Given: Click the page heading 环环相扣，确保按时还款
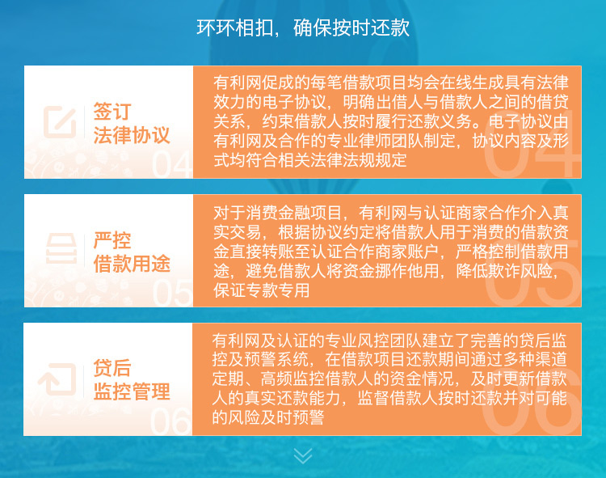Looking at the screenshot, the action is [303, 27].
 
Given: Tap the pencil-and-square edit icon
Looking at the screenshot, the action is [60, 121].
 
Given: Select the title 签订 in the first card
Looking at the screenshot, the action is [112, 111].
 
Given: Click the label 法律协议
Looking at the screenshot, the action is [132, 135].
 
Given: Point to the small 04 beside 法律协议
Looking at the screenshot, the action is [171, 164].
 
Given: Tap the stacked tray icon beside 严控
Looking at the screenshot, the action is [61, 248].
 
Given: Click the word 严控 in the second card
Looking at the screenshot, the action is [112, 240].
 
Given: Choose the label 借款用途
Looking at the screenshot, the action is [132, 264].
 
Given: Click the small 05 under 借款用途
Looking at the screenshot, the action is [172, 293].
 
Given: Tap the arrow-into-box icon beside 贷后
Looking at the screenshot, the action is [57, 379].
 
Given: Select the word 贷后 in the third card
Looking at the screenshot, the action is [112, 368].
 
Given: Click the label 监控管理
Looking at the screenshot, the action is [132, 391].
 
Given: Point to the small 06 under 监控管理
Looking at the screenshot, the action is [170, 421].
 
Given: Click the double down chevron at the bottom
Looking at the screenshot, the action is [303, 455].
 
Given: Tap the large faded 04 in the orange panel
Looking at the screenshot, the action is [532, 144].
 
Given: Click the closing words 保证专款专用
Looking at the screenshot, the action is [262, 290].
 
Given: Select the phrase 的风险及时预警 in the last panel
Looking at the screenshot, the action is [268, 417].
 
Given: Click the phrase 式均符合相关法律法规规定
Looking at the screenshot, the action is [310, 160].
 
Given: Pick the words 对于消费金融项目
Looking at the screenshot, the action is [277, 213].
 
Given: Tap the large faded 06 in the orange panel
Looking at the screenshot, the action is [532, 402].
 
